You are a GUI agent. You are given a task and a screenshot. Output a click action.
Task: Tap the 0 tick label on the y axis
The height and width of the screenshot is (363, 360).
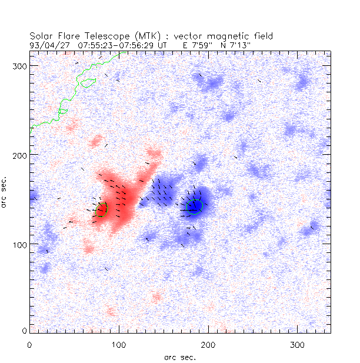[x=25, y=332]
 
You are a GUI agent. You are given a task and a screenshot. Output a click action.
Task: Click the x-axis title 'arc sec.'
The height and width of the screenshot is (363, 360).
[x=179, y=356]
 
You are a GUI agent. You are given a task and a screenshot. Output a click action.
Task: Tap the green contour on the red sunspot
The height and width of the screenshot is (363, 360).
[x=106, y=209]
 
